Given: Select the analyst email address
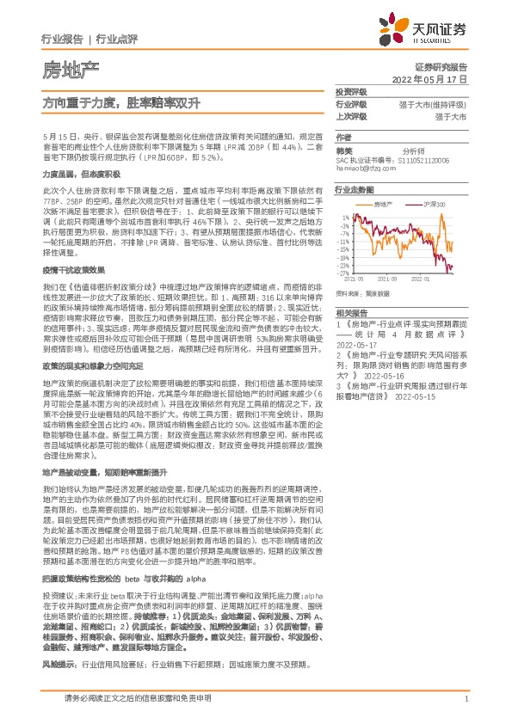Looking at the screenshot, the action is tap(366, 169).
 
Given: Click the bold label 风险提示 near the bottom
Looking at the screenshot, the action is tap(59, 666).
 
